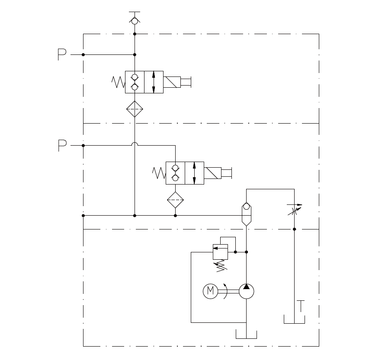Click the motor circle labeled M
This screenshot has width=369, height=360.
tap(211, 291)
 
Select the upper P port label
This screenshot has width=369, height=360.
tap(62, 55)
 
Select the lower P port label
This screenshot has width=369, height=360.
tap(62, 146)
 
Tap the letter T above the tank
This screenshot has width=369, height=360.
tap(301, 306)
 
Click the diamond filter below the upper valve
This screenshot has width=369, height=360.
tap(135, 109)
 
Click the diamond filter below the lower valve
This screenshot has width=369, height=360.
tap(175, 200)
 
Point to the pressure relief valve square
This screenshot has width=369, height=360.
tap(220, 252)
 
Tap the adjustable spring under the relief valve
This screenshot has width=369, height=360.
tap(221, 265)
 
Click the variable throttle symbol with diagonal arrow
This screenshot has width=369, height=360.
tap(295, 210)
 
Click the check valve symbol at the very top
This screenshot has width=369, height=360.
tap(135, 20)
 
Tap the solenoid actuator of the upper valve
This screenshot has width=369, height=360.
tap(172, 82)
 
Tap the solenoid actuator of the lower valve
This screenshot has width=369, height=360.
tap(212, 173)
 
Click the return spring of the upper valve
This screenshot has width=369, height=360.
tap(118, 82)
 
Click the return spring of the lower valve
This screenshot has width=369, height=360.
tap(159, 173)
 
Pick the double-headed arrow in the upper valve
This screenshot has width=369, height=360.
tap(154, 82)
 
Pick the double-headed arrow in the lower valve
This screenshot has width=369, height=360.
tap(194, 173)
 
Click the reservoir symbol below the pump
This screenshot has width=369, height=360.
tap(246, 335)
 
